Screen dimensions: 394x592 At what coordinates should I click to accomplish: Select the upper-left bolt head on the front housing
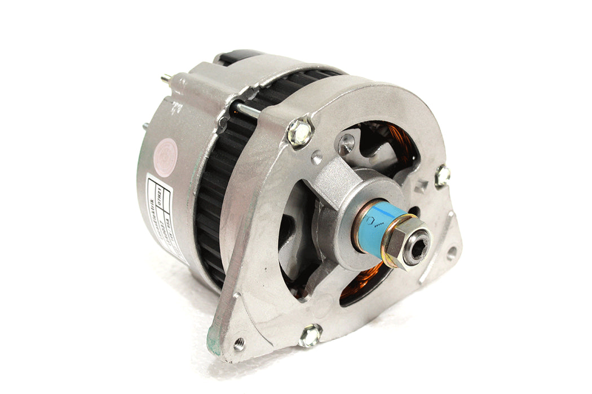coord(299,133)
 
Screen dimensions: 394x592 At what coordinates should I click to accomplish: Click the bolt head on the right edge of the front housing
coord(443,176)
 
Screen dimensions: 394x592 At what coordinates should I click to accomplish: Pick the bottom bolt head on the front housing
coord(310,336)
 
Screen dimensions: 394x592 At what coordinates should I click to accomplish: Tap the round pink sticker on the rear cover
coord(169,151)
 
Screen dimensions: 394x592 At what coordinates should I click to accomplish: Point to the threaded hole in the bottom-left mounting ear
coord(240,343)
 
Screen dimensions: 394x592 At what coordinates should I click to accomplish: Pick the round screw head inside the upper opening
coord(345,143)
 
